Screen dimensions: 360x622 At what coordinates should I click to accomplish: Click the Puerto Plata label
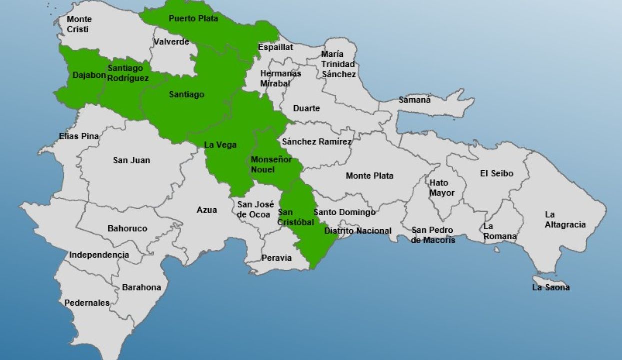193,19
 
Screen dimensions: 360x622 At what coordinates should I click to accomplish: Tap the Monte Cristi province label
79,24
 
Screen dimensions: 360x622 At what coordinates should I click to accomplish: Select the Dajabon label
89,75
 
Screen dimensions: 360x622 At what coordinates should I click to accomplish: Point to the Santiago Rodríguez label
128,73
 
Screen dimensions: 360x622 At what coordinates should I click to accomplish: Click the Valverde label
171,42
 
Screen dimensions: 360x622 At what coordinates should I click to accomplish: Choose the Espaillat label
275,47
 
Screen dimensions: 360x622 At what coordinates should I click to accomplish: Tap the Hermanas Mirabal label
281,78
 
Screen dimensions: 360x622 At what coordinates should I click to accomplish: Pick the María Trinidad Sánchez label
338,64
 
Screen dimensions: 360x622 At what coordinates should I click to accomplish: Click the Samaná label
414,100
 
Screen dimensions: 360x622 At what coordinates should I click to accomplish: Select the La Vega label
220,145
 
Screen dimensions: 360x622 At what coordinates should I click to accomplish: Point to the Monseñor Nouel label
270,164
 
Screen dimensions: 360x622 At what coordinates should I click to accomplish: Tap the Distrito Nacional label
358,231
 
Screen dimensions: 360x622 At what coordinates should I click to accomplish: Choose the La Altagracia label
565,220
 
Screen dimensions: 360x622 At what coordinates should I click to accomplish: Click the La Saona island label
551,287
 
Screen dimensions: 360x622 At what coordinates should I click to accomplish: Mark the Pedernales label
87,303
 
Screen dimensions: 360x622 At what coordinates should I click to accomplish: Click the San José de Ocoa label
255,209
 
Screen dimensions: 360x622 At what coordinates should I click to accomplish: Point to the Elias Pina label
79,136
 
